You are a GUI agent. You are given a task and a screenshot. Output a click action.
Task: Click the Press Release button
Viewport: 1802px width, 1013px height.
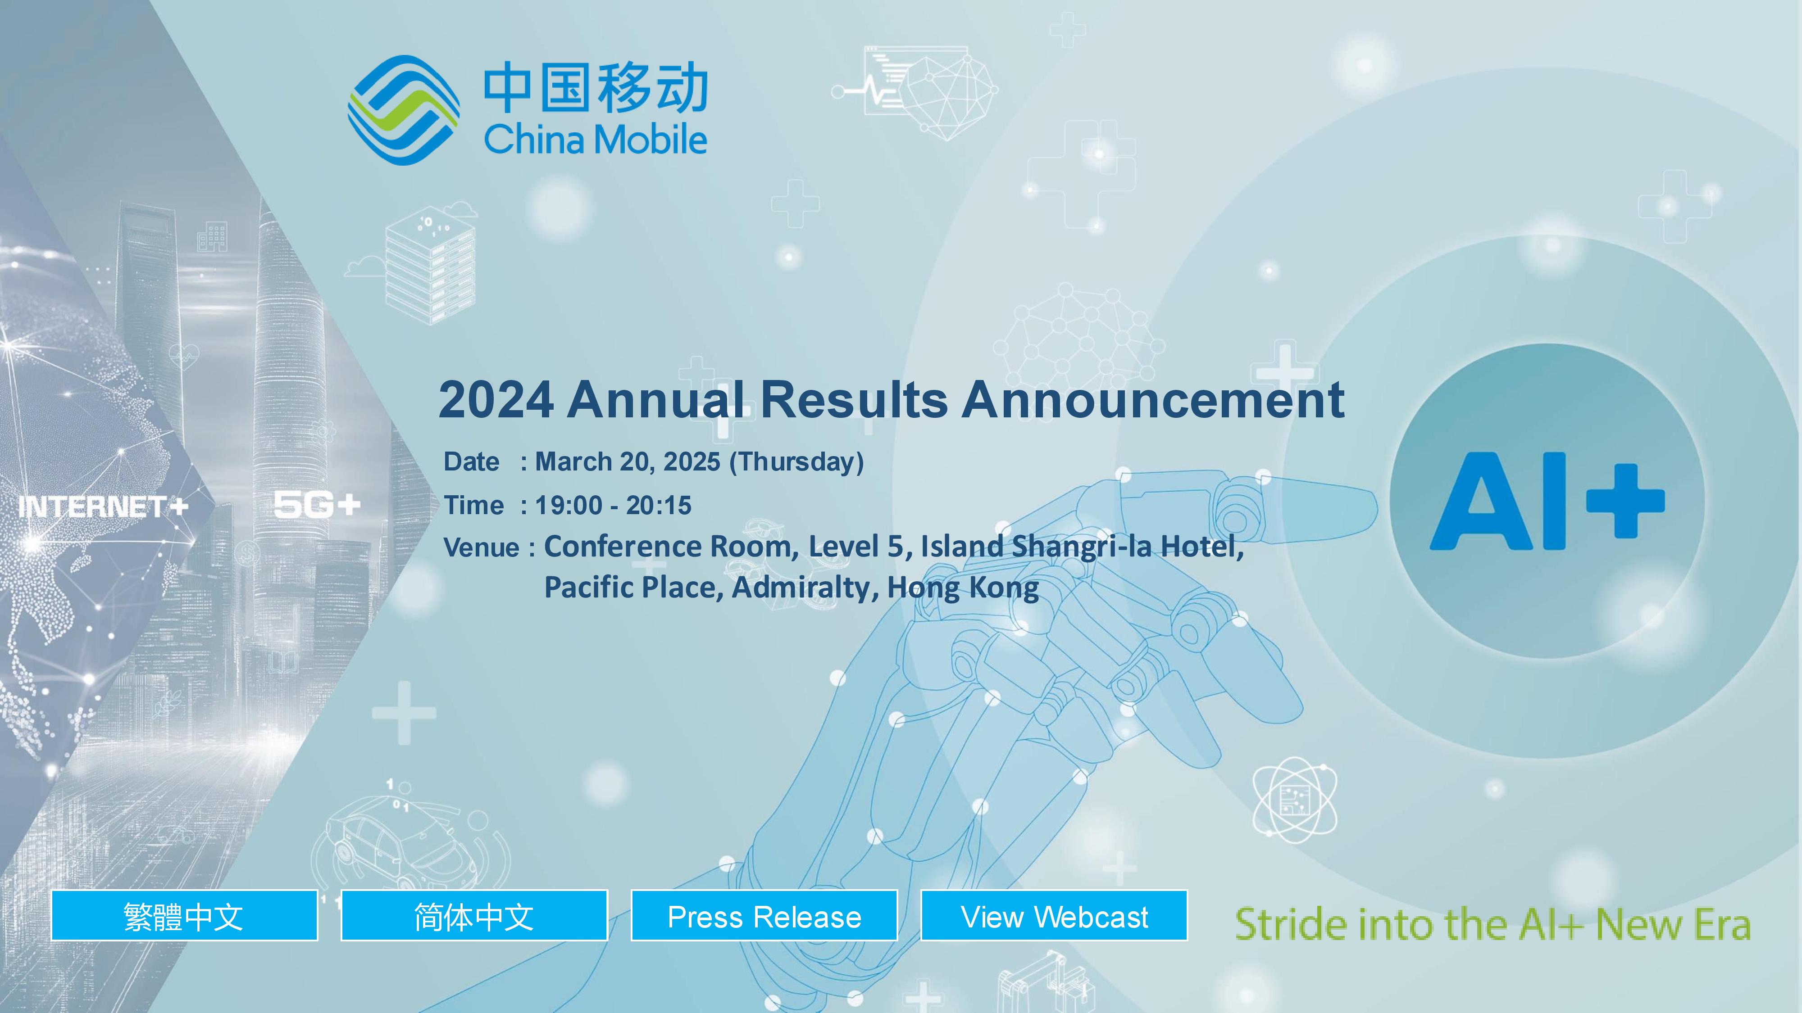pos(764,915)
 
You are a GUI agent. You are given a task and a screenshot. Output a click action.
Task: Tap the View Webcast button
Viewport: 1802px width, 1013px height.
pos(1054,915)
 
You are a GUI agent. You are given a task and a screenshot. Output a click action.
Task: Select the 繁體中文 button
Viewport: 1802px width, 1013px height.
pos(184,915)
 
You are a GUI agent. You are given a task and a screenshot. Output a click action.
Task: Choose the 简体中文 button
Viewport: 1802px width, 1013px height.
pos(473,915)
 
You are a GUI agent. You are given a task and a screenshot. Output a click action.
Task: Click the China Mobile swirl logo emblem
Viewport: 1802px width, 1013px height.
pos(404,110)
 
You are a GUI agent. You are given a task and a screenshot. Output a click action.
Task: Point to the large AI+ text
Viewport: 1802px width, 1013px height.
pos(1547,501)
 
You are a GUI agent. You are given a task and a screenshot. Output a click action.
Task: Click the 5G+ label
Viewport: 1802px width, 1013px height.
pos(317,505)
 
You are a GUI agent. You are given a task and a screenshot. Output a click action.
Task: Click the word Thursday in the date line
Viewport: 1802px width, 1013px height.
pos(797,462)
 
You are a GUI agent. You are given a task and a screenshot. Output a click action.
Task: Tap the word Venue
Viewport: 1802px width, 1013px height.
pos(481,547)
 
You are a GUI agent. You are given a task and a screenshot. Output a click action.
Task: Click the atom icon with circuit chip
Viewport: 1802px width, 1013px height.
pos(1294,799)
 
